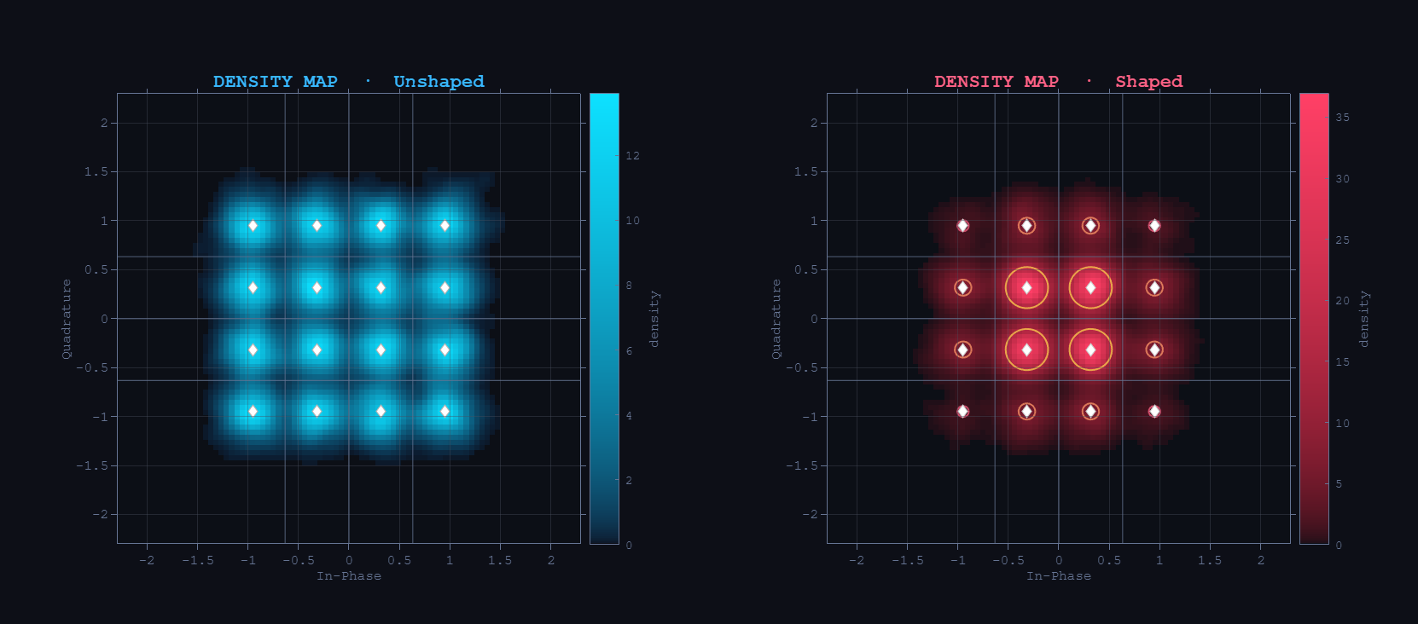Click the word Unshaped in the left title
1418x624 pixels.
click(439, 81)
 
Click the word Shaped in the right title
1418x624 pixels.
click(1148, 81)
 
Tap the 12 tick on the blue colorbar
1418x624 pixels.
click(632, 156)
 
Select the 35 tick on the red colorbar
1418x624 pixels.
click(1342, 118)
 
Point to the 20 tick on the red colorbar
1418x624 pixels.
click(1342, 301)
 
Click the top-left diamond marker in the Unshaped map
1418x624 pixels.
click(253, 226)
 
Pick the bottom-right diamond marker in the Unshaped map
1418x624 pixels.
click(445, 411)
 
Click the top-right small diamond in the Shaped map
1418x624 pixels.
click(1154, 226)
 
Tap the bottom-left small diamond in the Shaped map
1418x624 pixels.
click(962, 411)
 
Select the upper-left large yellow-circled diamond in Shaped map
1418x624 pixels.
click(1026, 288)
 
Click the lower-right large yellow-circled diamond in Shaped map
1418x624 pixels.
click(1090, 350)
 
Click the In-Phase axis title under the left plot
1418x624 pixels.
click(348, 576)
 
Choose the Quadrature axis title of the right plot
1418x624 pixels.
click(776, 319)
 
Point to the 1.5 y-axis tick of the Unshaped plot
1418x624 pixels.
click(96, 171)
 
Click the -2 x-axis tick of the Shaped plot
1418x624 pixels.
click(856, 560)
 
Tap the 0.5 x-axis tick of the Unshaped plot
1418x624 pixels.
click(398, 560)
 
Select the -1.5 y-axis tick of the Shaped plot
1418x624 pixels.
click(803, 465)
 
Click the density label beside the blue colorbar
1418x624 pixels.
click(654, 319)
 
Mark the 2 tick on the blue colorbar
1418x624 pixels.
click(629, 481)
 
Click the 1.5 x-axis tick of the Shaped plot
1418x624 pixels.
click(1209, 560)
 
